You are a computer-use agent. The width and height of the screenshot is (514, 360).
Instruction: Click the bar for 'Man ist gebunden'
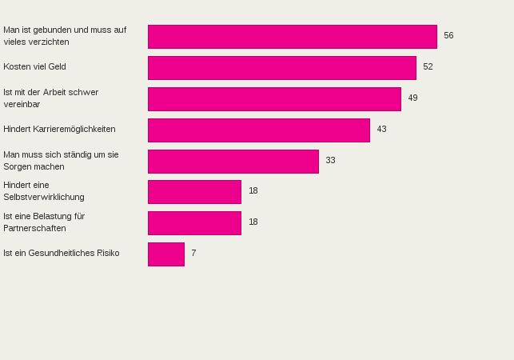point(292,37)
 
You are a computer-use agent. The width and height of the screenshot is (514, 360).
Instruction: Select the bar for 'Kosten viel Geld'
point(281,68)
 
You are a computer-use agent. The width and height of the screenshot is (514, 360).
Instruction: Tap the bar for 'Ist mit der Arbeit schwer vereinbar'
point(274,99)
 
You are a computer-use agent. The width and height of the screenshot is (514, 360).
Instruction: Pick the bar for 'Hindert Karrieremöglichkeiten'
point(258,130)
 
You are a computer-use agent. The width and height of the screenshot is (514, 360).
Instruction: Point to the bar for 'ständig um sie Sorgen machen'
point(233,162)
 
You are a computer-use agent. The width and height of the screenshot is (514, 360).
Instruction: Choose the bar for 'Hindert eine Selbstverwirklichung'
point(194,192)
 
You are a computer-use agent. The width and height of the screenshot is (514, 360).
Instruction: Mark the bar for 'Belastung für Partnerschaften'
point(194,223)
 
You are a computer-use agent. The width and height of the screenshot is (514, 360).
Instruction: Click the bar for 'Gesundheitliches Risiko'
point(165,254)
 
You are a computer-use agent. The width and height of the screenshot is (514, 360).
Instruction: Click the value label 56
point(448,36)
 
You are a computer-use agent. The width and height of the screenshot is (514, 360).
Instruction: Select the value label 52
point(428,67)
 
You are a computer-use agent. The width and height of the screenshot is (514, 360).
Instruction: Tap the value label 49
point(412,98)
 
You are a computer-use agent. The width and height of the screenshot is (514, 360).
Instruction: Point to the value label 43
point(381,130)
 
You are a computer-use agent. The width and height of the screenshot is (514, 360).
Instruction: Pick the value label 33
point(330,161)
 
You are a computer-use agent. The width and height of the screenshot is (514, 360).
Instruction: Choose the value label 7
point(193,254)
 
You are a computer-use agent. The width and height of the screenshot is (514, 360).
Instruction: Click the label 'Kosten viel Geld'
point(34,67)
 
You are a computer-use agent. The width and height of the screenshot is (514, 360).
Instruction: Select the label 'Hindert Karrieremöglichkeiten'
point(59,130)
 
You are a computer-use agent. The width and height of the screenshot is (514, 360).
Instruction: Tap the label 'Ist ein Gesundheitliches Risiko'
point(62,254)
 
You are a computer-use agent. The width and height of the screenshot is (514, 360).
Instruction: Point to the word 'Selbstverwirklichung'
point(44,198)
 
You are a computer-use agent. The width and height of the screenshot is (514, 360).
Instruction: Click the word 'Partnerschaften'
point(34,229)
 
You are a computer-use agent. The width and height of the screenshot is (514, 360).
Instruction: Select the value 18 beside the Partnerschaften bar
point(253,222)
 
